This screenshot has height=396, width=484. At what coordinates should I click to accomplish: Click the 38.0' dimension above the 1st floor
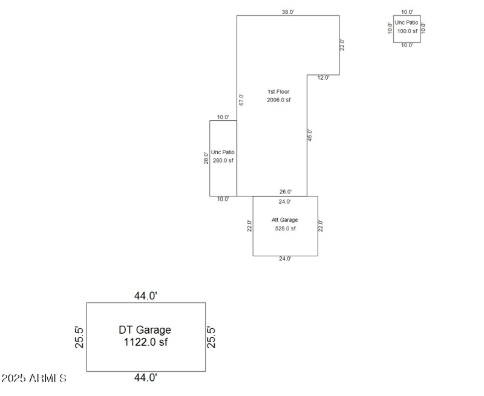(x=287, y=11)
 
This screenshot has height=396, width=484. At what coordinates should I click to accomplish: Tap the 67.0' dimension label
(x=241, y=100)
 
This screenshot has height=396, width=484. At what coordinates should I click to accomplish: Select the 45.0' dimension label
(x=310, y=135)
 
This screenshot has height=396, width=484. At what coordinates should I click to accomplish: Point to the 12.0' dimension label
(x=323, y=78)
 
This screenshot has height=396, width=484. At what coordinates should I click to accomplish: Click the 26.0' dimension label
(x=285, y=192)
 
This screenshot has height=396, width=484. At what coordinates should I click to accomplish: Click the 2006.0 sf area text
(x=279, y=100)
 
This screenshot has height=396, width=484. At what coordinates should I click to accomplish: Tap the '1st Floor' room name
(x=278, y=92)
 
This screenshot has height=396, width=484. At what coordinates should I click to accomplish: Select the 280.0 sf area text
(x=223, y=161)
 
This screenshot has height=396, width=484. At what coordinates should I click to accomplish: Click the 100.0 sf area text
(x=407, y=31)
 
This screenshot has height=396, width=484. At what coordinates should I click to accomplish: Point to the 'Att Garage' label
(x=285, y=220)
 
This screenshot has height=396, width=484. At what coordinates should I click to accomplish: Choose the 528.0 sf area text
(x=285, y=229)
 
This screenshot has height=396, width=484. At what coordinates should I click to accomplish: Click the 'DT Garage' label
(x=145, y=330)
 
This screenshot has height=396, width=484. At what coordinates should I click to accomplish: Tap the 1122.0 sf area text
(x=145, y=342)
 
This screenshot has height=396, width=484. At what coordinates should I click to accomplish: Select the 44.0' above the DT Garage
(x=146, y=296)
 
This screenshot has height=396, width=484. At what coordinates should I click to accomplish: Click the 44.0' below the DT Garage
(x=146, y=378)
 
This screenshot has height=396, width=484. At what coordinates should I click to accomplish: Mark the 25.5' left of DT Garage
(x=78, y=337)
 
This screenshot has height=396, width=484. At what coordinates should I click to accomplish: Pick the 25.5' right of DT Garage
(x=211, y=337)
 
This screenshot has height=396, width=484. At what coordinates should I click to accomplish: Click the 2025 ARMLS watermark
(x=34, y=379)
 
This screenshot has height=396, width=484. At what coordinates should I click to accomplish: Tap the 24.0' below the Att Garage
(x=285, y=259)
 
